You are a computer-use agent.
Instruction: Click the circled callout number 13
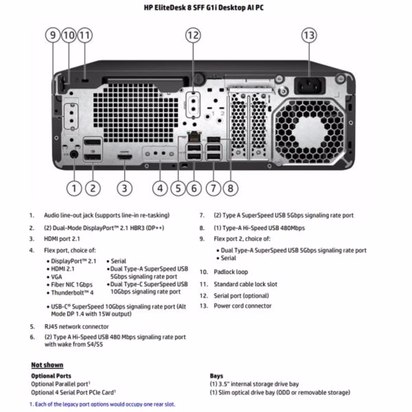pyautogui.click(x=309, y=35)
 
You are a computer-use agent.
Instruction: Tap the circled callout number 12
pyautogui.click(x=193, y=35)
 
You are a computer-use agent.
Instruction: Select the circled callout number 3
pyautogui.click(x=124, y=188)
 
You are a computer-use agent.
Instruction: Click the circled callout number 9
pyautogui.click(x=53, y=35)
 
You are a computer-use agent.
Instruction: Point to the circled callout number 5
pyautogui.click(x=178, y=188)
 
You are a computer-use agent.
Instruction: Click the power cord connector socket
pyautogui.click(x=309, y=85)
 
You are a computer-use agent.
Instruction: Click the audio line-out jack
pyautogui.click(x=74, y=154)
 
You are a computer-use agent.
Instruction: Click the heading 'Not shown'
pyautogui.click(x=47, y=365)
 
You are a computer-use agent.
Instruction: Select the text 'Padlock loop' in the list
pyautogui.click(x=231, y=272)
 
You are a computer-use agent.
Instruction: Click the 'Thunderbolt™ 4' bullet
pyautogui.click(x=72, y=293)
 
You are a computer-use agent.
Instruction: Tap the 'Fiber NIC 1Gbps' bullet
pyautogui.click(x=72, y=284)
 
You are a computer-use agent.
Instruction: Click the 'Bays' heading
pyautogui.click(x=216, y=376)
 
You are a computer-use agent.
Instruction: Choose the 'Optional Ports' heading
pyautogui.click(x=51, y=376)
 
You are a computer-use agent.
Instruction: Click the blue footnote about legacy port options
pyautogui.click(x=103, y=404)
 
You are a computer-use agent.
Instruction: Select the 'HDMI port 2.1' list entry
pyautogui.click(x=62, y=239)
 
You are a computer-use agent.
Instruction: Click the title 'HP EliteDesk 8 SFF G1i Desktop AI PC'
pyautogui.click(x=204, y=8)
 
